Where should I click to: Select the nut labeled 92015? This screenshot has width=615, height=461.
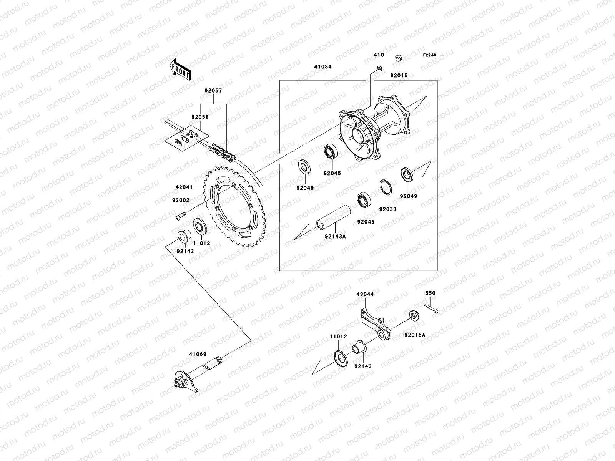(x=399, y=59)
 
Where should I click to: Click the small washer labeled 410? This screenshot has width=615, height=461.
(x=379, y=68)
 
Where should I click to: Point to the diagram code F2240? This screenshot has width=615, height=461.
(x=430, y=55)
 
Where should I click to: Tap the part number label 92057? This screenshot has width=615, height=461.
(x=213, y=91)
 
